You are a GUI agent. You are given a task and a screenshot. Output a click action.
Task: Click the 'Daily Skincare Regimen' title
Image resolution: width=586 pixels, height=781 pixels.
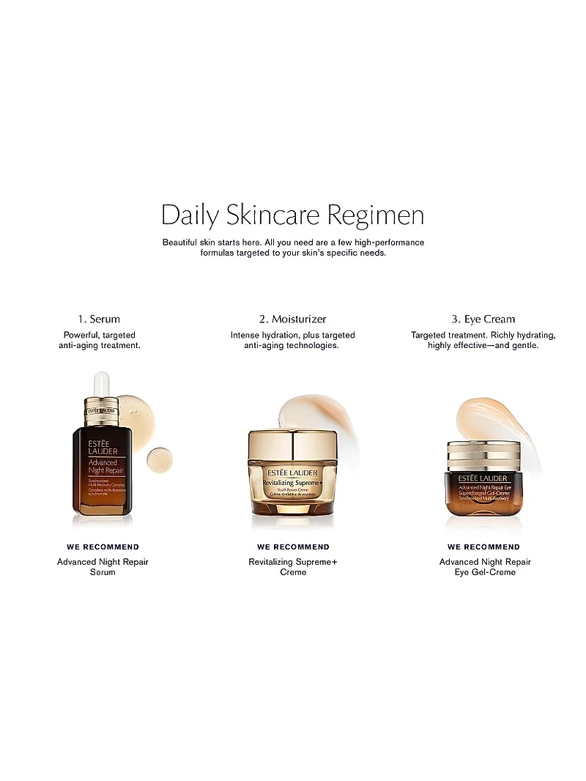pyautogui.click(x=292, y=216)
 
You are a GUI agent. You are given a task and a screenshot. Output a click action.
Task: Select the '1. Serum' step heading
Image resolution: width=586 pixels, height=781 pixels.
pyautogui.click(x=99, y=319)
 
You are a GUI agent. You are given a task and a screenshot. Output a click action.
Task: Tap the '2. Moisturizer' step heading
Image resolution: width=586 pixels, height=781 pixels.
pyautogui.click(x=292, y=319)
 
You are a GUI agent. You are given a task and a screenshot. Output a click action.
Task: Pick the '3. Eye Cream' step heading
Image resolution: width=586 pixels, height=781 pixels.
pyautogui.click(x=483, y=319)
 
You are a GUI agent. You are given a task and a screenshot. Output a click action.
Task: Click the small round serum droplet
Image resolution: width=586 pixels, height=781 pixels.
pyautogui.click(x=159, y=459)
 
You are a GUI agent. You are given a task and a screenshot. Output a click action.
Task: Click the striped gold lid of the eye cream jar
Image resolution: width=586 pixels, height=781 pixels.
pyautogui.click(x=483, y=454)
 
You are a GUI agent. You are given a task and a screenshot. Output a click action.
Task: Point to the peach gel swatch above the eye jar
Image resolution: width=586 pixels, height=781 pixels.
pyautogui.click(x=487, y=417)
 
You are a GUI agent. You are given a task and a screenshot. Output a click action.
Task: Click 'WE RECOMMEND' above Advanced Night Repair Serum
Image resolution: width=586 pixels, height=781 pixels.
pyautogui.click(x=103, y=547)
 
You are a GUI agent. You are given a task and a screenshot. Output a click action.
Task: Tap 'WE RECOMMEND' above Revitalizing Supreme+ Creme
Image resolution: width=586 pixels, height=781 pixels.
pyautogui.click(x=293, y=547)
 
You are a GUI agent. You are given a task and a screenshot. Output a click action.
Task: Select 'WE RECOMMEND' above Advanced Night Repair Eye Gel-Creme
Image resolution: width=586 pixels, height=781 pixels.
pyautogui.click(x=483, y=547)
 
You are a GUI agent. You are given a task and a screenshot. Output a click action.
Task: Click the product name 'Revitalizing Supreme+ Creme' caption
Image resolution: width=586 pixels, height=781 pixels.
pyautogui.click(x=293, y=566)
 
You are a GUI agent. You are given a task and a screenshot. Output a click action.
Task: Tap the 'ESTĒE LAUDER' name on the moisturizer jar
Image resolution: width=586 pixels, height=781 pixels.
pyautogui.click(x=292, y=472)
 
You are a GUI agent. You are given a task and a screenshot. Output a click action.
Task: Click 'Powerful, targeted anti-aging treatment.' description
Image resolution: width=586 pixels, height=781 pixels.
pyautogui.click(x=99, y=340)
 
